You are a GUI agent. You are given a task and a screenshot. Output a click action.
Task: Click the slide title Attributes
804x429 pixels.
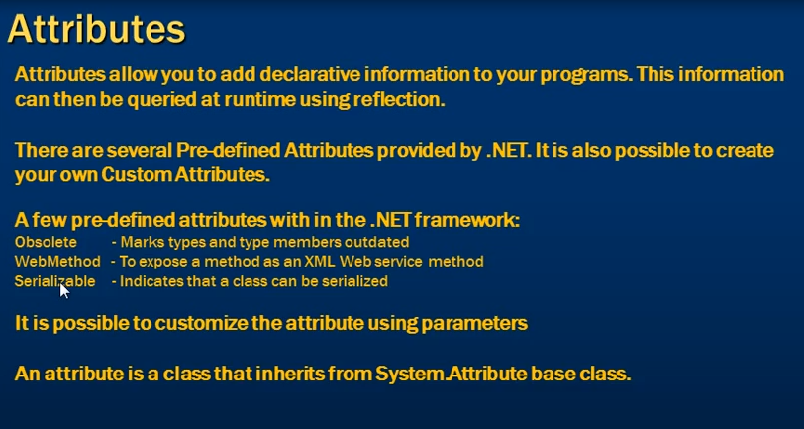96,29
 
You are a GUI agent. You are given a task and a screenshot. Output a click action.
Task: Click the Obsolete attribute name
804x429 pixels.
46,242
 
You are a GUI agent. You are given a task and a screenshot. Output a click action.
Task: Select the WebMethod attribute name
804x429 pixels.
57,262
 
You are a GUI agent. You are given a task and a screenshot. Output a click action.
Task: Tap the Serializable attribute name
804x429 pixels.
54,281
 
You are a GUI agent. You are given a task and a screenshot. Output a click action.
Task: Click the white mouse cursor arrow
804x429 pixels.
63,290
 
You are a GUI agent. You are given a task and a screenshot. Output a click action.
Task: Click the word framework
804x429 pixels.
466,221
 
